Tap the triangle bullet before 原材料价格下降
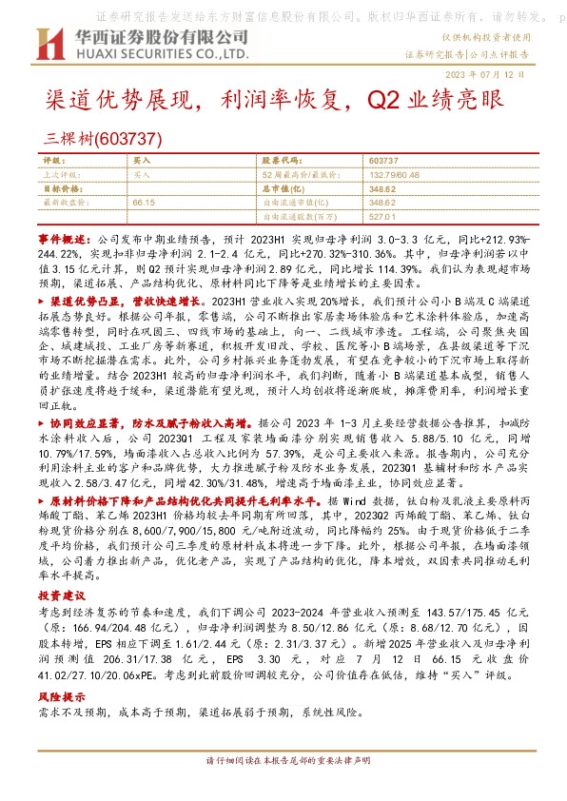[x=42, y=526]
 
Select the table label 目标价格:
[x=60, y=189]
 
